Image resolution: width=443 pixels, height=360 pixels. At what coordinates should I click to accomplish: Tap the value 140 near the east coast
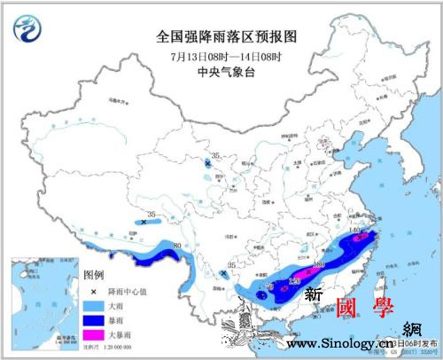click(355, 231)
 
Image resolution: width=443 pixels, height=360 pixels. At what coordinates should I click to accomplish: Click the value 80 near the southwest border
click(176, 246)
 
